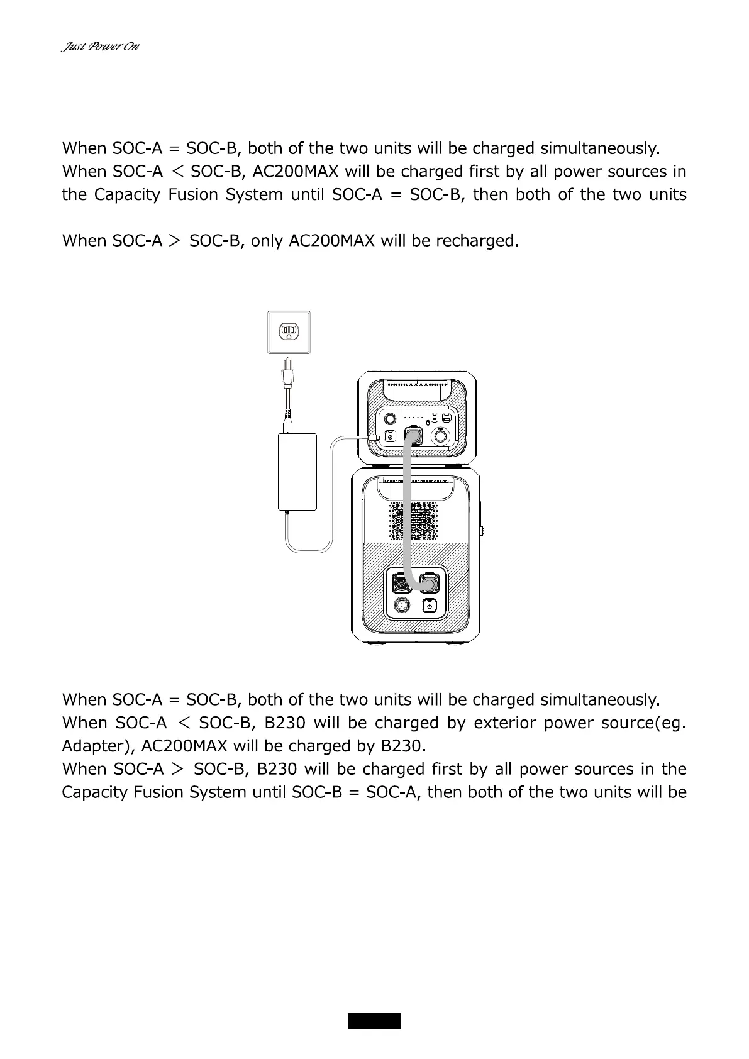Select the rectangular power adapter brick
click(x=297, y=471)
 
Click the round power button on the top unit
click(x=390, y=418)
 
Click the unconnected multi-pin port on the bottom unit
click(x=401, y=583)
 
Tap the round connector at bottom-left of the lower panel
click(x=400, y=606)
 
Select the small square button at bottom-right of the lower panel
click(x=429, y=606)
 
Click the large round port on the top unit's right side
click(x=442, y=436)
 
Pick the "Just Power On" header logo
click(x=100, y=47)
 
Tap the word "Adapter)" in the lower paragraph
click(x=99, y=746)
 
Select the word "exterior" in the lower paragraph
click(x=505, y=723)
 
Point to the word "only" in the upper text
click(x=266, y=241)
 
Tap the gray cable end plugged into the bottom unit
click(x=429, y=584)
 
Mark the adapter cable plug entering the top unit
click(x=374, y=436)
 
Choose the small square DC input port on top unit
click(x=390, y=436)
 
